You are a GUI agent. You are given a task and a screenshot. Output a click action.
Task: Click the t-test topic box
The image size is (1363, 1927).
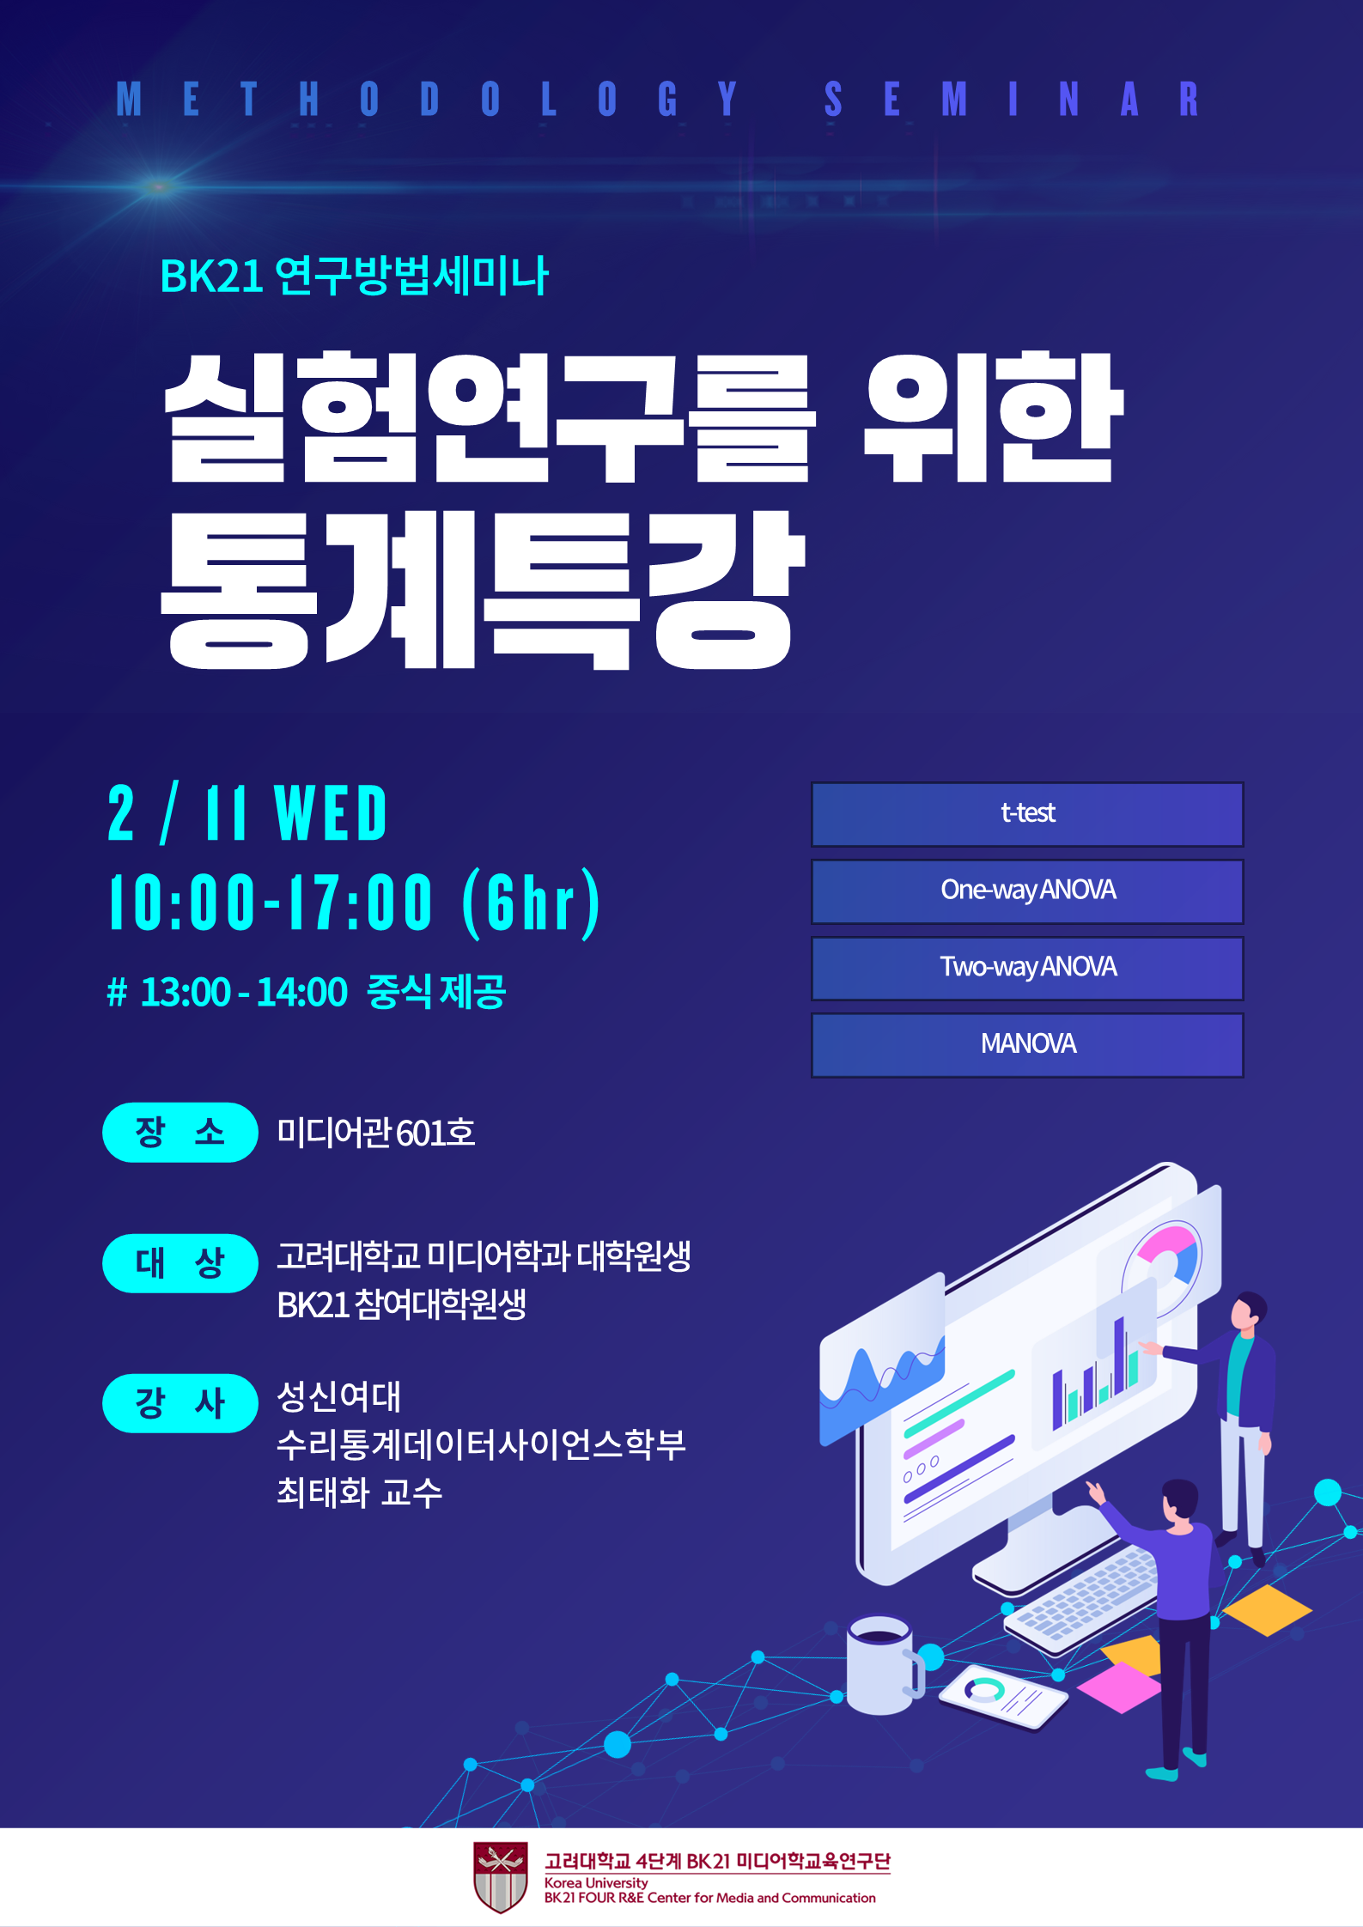[1027, 814]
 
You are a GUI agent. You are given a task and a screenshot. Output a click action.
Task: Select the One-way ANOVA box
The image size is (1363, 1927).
[1027, 891]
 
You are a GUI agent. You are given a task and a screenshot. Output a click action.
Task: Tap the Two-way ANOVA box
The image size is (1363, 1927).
[1027, 969]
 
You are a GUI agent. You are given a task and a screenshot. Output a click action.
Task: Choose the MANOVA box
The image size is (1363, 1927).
[1027, 1045]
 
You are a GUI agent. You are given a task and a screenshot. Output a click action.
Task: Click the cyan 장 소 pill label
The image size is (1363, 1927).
[180, 1132]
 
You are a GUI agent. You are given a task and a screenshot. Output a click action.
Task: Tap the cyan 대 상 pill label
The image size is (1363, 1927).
[180, 1263]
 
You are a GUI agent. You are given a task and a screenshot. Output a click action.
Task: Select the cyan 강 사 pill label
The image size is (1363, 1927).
[180, 1403]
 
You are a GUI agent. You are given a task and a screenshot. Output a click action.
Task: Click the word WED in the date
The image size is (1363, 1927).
[331, 813]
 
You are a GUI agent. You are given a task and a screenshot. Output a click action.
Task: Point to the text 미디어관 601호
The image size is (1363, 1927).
[375, 1133]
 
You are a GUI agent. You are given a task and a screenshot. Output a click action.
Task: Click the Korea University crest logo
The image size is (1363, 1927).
[501, 1877]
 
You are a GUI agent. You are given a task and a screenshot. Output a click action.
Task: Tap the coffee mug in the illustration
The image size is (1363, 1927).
[884, 1666]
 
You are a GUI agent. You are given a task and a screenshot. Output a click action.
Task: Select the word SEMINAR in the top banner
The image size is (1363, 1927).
[1012, 99]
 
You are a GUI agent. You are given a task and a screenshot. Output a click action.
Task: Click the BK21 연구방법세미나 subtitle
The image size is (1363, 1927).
[354, 277]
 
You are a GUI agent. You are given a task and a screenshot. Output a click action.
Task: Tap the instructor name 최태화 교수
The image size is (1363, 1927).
[359, 1492]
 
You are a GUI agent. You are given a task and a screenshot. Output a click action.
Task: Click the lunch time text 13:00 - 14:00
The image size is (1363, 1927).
[244, 993]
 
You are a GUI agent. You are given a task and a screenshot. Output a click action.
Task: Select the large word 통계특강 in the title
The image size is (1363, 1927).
[483, 590]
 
